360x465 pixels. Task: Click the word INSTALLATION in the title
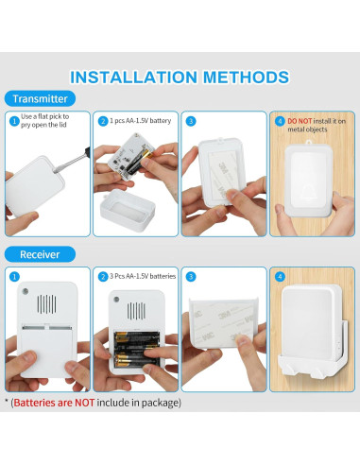[133, 77]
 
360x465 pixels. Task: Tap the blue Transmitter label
[40, 98]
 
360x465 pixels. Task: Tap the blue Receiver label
[40, 254]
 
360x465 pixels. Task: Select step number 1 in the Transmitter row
[14, 121]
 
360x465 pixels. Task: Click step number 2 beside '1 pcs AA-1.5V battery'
[103, 121]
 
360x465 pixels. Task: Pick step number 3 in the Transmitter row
[191, 121]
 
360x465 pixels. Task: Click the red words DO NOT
[300, 121]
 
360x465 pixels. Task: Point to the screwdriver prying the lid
[72, 160]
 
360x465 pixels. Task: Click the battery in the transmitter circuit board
[141, 161]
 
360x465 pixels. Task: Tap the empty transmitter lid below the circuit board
[128, 210]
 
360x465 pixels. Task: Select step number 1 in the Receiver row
[14, 277]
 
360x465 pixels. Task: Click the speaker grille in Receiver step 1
[47, 304]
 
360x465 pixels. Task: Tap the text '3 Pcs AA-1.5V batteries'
[143, 276]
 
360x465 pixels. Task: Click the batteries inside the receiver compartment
[136, 350]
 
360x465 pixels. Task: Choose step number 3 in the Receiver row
[191, 277]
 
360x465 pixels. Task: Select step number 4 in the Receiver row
[280, 277]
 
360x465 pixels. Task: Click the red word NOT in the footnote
[84, 403]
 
